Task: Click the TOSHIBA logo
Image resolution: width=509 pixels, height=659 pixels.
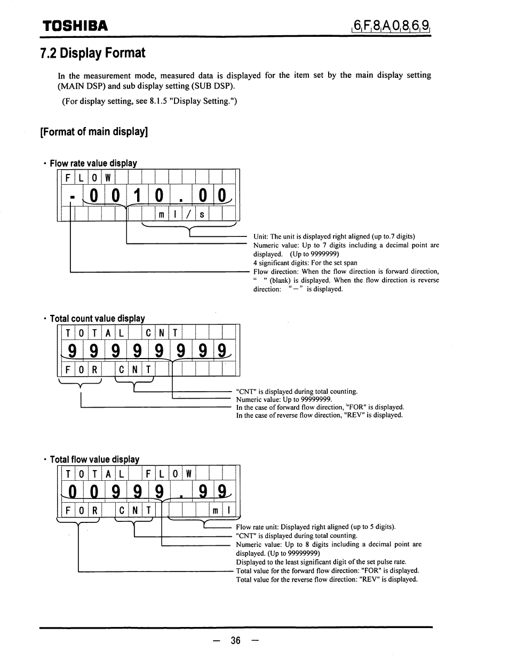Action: [75, 26]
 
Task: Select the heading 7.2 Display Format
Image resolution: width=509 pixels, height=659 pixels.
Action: [92, 53]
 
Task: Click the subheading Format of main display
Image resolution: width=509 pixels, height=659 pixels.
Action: [93, 131]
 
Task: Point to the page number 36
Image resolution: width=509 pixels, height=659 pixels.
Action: [237, 640]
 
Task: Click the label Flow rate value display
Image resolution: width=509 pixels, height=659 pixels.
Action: [93, 163]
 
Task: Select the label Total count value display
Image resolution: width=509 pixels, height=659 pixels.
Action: [97, 319]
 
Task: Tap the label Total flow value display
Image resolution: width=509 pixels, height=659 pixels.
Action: [94, 459]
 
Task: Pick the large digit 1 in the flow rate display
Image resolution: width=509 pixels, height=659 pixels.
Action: [137, 196]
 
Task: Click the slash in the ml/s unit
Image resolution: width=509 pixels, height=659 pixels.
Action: [188, 215]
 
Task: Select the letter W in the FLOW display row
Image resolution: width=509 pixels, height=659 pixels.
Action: [107, 178]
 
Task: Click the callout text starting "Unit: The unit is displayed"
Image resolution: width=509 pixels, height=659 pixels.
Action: [334, 236]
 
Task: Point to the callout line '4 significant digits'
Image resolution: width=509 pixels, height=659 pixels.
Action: [305, 263]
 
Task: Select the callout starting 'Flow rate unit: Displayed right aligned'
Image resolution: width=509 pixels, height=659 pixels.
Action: [315, 527]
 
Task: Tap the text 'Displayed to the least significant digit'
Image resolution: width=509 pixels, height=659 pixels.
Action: [321, 562]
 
